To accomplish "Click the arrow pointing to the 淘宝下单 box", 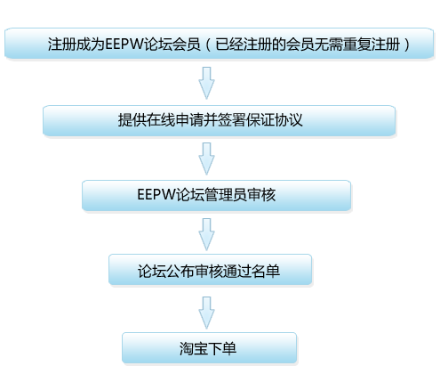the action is click(206, 313).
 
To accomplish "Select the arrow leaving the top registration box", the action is click(206, 83).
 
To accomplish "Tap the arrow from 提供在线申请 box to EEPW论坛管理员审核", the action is click(206, 159).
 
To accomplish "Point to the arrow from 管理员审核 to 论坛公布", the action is click(206, 234).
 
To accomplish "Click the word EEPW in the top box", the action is click(124, 45).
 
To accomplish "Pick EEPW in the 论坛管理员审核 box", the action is click(156, 195).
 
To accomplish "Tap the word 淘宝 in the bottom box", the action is click(193, 349).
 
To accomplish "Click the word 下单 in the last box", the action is click(222, 349).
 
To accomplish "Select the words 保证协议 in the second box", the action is click(274, 120).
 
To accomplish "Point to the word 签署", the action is click(232, 120).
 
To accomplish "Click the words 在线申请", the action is click(175, 120).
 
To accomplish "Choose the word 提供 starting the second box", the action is click(132, 120).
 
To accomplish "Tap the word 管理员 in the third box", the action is click(225, 195).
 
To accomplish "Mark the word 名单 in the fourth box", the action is click(266, 272).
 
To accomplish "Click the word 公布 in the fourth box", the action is click(180, 272).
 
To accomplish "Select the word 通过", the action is click(237, 272).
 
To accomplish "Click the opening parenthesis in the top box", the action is click(208, 45).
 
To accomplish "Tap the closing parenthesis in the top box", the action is click(406, 45).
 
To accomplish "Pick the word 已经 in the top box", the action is click(229, 45).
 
